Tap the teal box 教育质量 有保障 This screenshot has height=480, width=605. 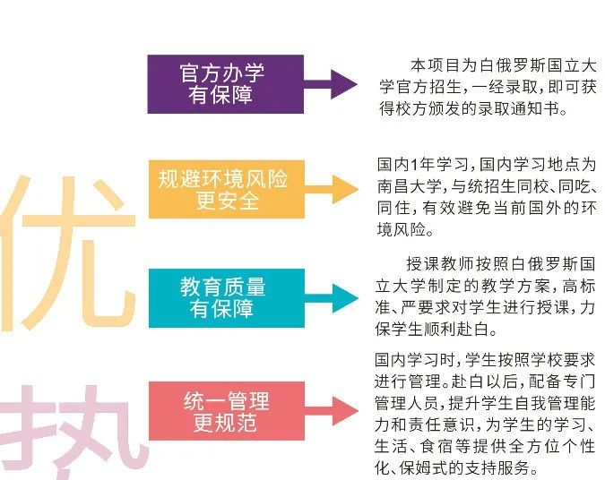(x=222, y=296)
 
